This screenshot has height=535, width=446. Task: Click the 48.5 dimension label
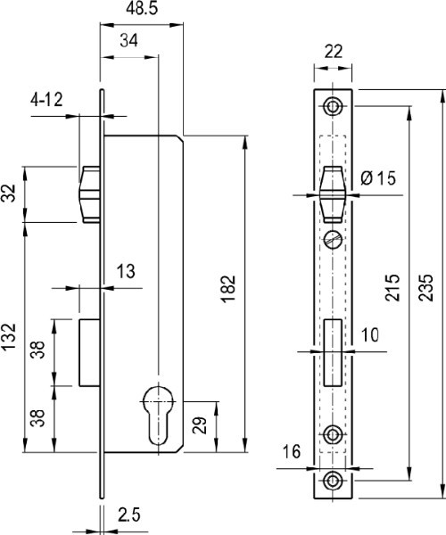click(x=142, y=9)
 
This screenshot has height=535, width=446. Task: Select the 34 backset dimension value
click(x=129, y=41)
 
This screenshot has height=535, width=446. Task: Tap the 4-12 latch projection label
click(x=46, y=100)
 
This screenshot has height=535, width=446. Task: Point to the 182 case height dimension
click(x=228, y=289)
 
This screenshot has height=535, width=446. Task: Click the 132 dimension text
click(x=9, y=336)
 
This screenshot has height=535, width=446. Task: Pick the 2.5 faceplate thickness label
click(x=129, y=514)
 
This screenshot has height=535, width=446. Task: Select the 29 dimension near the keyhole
click(x=200, y=425)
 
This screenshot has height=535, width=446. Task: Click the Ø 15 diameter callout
click(x=378, y=178)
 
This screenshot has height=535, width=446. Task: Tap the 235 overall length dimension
click(x=425, y=287)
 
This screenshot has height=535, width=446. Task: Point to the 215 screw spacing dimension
click(x=392, y=287)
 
